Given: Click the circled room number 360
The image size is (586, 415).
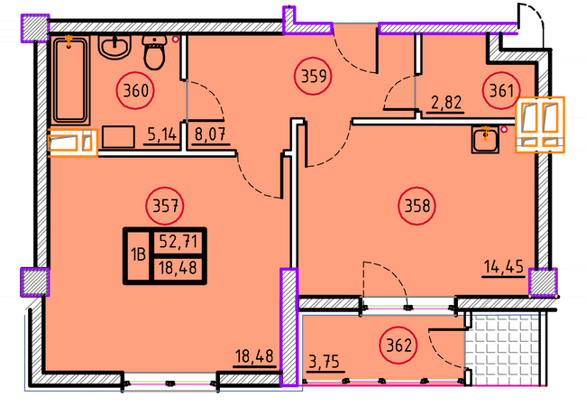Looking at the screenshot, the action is [135, 91].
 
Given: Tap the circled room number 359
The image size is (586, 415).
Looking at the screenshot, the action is [313, 77].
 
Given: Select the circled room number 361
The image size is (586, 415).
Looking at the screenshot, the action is [501, 91].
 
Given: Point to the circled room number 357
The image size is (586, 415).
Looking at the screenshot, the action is [165, 206].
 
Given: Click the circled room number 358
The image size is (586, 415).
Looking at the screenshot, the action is [417, 206].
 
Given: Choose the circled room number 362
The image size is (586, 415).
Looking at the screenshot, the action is [398, 346].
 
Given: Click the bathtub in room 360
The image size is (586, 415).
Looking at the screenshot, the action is [70, 80].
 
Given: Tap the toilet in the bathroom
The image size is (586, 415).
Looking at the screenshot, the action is [154, 52].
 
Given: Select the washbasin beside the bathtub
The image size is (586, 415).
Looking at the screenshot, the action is [114, 47].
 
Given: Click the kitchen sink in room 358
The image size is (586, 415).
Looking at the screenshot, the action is [485, 140].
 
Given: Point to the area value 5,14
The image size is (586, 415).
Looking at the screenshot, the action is [161, 134].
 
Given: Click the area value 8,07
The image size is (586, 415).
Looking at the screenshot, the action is [210, 134].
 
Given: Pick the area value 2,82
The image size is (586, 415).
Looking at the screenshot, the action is [446, 103].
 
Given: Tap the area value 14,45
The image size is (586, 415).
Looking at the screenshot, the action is [503, 267].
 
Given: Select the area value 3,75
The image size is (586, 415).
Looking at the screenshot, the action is [324, 362].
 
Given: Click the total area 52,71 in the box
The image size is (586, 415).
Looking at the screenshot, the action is [179, 242].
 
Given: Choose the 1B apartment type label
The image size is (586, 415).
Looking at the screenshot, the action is [138, 255].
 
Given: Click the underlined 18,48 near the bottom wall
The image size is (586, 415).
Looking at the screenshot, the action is [254, 356].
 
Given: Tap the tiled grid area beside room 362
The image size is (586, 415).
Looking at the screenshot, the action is [505, 350].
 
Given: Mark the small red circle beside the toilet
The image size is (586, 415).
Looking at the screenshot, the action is [175, 39].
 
